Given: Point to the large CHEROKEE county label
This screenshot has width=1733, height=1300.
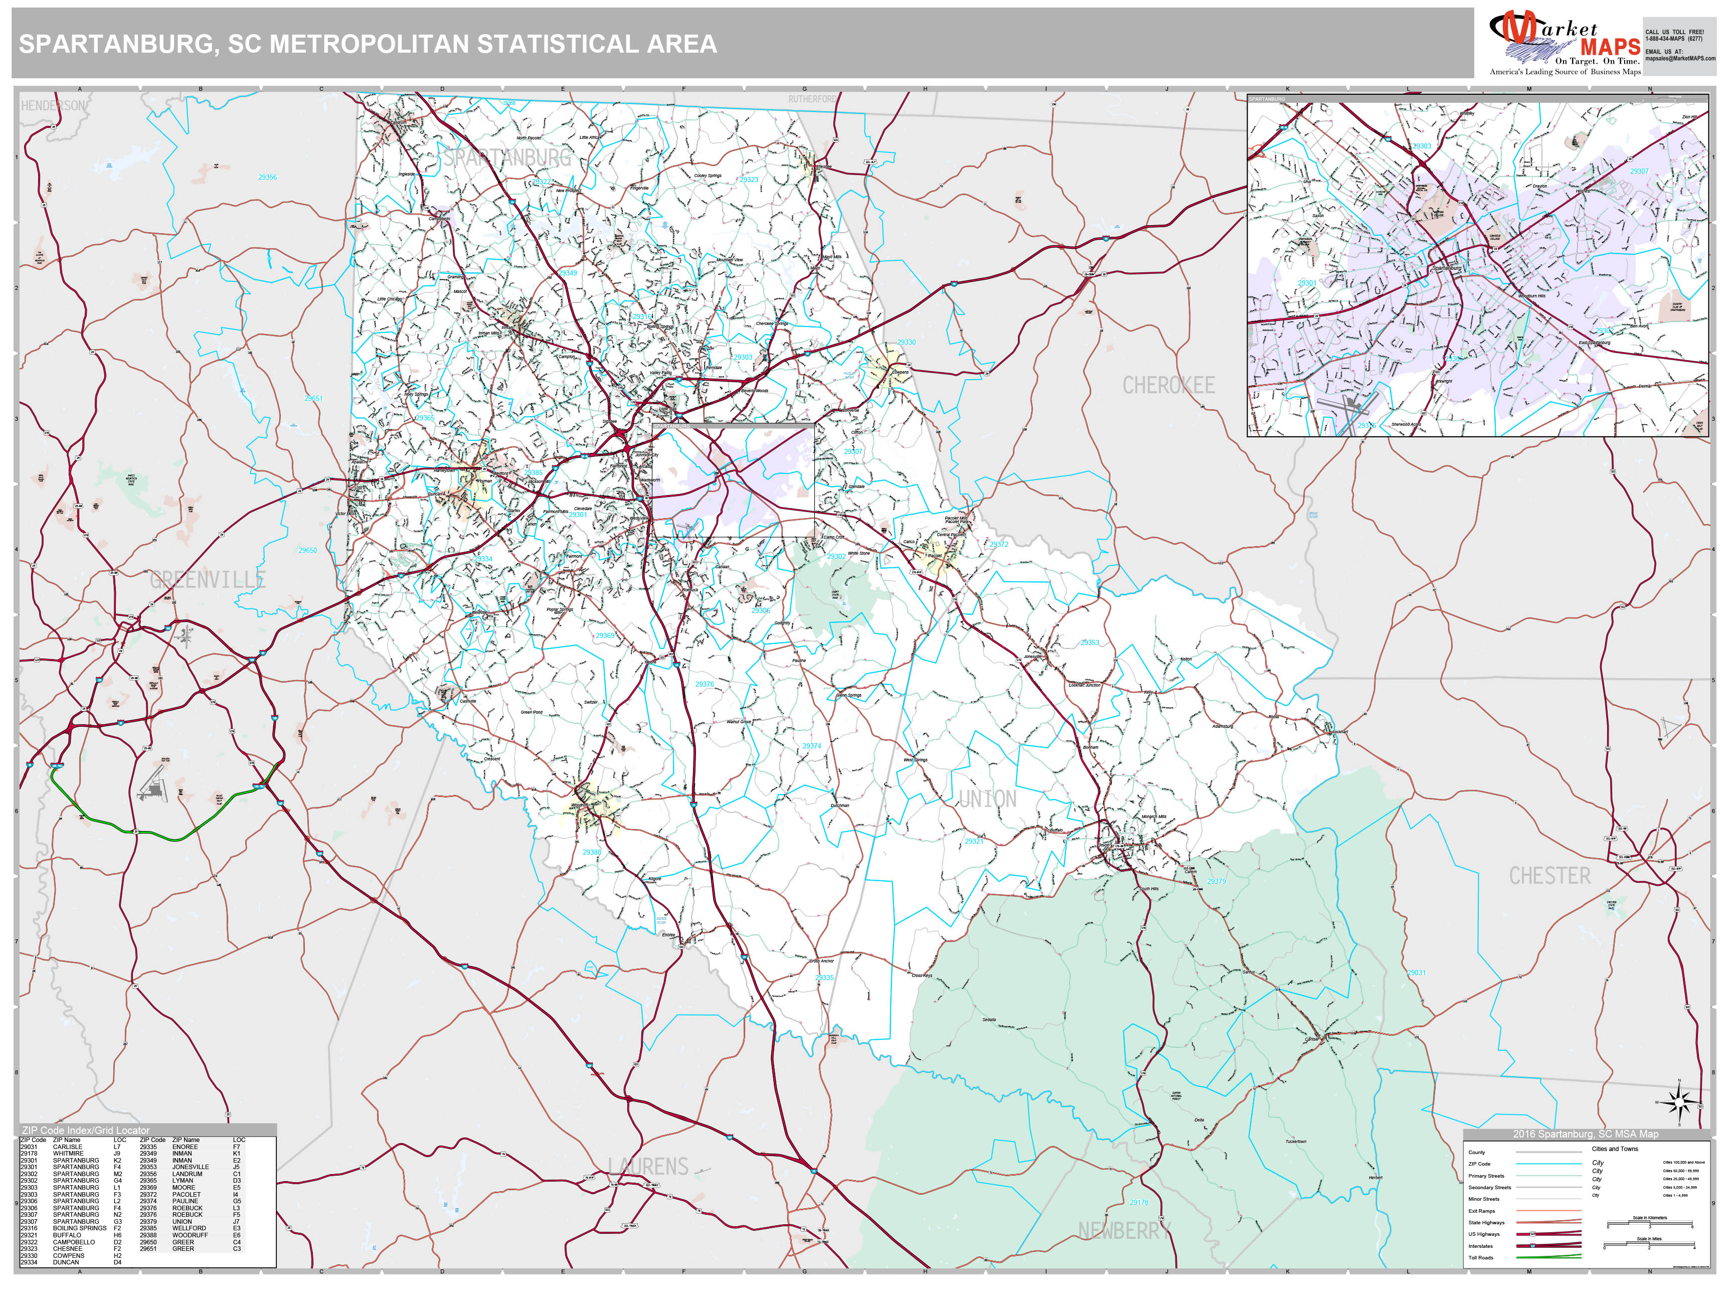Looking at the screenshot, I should coord(1168,386).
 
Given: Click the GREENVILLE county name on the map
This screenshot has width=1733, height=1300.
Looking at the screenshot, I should coord(208,580).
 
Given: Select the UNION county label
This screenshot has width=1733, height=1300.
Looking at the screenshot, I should coord(987,799).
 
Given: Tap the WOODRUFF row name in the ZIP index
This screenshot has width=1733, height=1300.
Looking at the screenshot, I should coord(190,1235).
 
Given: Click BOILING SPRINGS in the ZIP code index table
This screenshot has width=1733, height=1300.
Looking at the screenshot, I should coord(79,1228).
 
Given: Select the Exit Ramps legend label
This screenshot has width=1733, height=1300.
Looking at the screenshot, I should coord(1481,1211).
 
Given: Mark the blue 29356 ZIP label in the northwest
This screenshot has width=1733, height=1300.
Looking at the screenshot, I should coord(267,177).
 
